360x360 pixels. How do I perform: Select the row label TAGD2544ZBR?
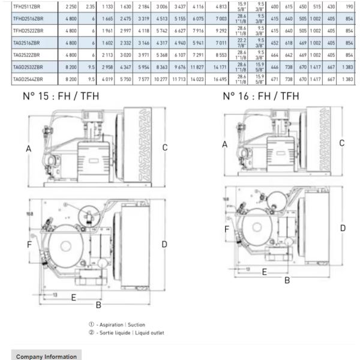(28, 79)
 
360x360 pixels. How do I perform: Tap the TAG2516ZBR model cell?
(28, 43)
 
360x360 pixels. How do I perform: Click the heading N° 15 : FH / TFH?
(61, 96)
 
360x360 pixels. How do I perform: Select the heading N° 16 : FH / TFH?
(261, 96)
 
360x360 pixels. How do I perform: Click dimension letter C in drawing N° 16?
(341, 143)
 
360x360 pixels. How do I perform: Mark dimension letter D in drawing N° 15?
(164, 244)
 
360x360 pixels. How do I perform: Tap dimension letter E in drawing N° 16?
(264, 271)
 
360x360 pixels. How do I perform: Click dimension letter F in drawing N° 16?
(227, 229)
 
